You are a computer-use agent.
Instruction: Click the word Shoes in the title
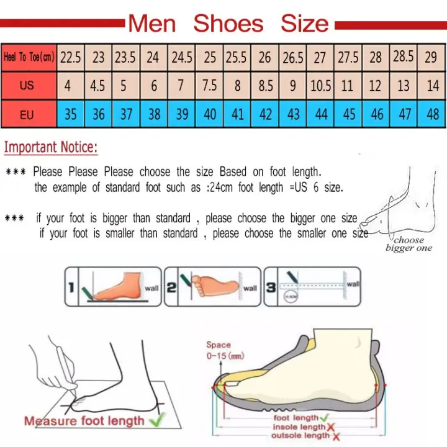click(x=228, y=24)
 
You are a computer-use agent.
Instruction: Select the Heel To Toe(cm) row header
click(x=29, y=58)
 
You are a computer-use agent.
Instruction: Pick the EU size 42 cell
click(x=265, y=114)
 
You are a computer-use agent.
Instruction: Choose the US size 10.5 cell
click(x=320, y=85)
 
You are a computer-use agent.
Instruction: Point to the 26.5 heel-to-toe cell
click(x=293, y=58)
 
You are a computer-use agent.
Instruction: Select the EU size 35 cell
click(x=71, y=114)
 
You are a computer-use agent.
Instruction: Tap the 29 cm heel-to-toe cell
click(x=431, y=58)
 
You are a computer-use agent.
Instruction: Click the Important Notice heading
click(x=51, y=148)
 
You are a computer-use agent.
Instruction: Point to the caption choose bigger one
click(x=409, y=244)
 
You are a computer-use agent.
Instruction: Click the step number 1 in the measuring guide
click(x=71, y=287)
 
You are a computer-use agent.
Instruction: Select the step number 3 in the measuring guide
click(x=271, y=287)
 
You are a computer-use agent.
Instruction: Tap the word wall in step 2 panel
click(x=250, y=288)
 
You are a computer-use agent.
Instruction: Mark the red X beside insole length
click(x=330, y=427)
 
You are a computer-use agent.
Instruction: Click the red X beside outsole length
click(x=335, y=436)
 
